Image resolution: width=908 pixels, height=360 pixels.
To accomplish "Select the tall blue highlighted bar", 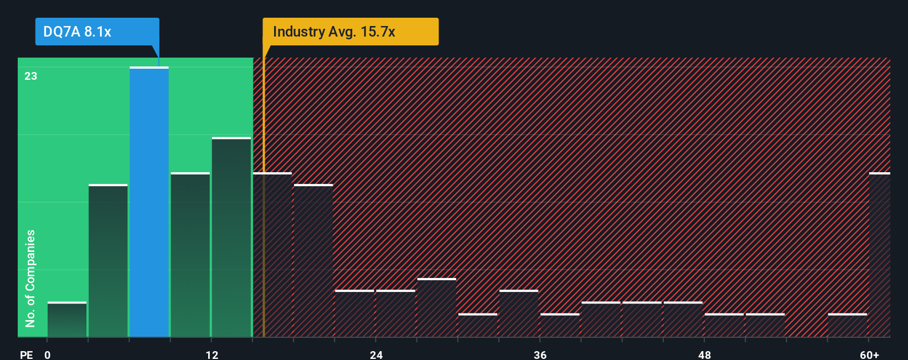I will (x=149, y=202).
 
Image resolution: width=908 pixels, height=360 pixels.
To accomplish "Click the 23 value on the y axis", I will (x=30, y=76).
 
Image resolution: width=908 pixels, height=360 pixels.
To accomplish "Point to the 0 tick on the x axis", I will (x=48, y=354).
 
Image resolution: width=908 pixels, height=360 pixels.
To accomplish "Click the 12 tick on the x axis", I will (x=211, y=354).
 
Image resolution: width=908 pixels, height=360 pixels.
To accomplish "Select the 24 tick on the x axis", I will (x=376, y=354).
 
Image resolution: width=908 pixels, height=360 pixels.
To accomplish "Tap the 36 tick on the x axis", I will (x=540, y=354).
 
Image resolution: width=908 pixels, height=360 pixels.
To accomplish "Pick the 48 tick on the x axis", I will (x=704, y=354).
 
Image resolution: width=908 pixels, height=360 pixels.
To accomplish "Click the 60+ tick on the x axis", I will (x=869, y=354).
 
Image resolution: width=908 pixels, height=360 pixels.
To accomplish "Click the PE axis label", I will (x=26, y=354).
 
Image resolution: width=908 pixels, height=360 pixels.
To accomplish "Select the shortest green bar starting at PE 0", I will (x=67, y=320).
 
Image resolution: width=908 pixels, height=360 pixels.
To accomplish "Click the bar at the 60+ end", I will (x=879, y=255).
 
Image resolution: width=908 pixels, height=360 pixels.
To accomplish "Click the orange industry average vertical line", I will (x=264, y=222).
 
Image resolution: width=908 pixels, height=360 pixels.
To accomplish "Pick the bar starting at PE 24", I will (x=395, y=313).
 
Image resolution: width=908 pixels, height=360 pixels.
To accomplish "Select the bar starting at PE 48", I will (x=724, y=325).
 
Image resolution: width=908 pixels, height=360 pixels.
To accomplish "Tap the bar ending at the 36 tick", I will (x=519, y=313).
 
